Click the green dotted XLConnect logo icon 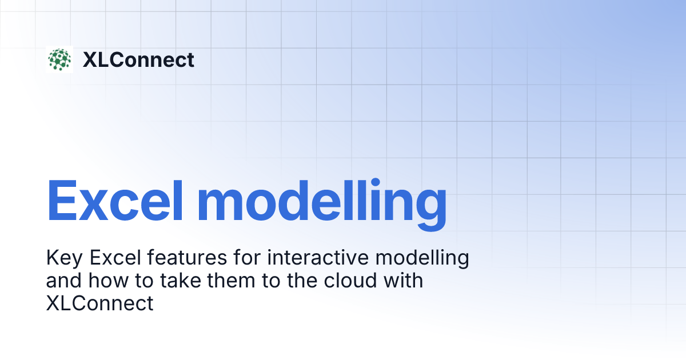pos(59,59)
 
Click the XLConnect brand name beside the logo pos(138,59)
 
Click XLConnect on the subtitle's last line pos(99,303)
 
